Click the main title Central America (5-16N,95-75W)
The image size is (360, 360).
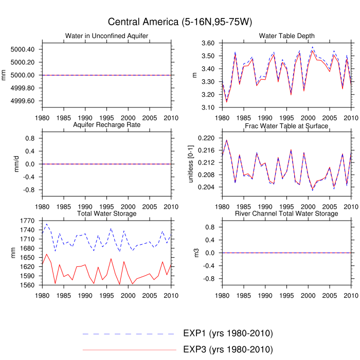pyautogui.click(x=179, y=22)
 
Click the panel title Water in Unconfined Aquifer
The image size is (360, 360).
pyautogui.click(x=106, y=35)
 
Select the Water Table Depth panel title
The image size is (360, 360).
pyautogui.click(x=286, y=35)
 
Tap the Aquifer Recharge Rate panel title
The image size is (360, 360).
pyautogui.click(x=106, y=125)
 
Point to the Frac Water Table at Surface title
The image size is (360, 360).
pyautogui.click(x=286, y=125)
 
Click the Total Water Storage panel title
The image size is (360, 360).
pyautogui.click(x=106, y=213)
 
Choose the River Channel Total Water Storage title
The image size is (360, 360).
pyautogui.click(x=286, y=213)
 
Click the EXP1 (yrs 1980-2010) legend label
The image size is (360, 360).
pyautogui.click(x=228, y=333)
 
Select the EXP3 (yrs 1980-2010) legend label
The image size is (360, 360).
pyautogui.click(x=228, y=350)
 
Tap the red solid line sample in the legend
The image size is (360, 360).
pyautogui.click(x=129, y=350)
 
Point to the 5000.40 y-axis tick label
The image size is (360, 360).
pyautogui.click(x=24, y=49)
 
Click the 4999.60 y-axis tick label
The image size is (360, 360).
pyautogui.click(x=24, y=100)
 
